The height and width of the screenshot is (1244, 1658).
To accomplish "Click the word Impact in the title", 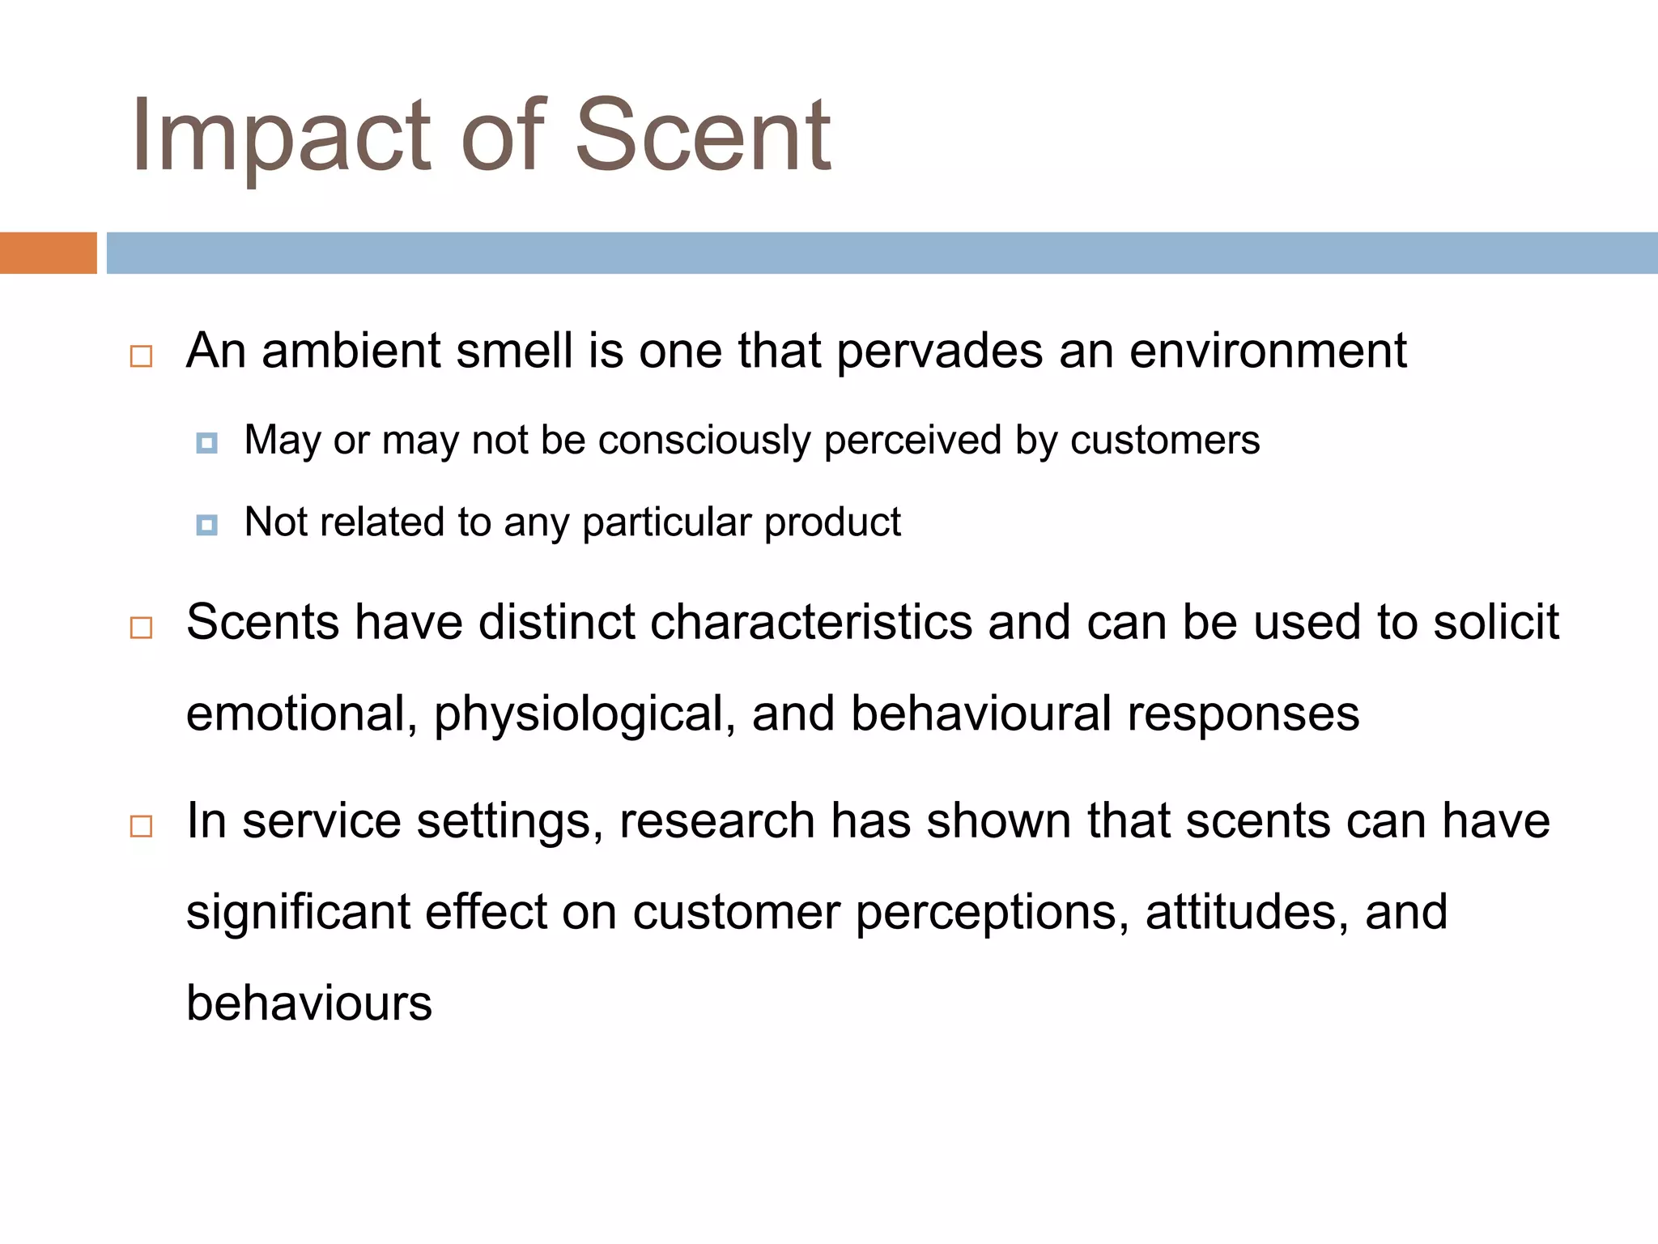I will tap(280, 136).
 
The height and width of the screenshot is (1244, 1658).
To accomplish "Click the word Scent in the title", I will tap(702, 136).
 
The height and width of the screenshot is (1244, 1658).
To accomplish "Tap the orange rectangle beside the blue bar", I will tap(48, 253).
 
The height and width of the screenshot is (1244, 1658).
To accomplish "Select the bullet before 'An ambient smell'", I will tap(141, 356).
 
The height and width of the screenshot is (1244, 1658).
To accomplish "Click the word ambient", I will tap(351, 351).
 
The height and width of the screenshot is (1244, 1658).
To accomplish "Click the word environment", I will tap(1268, 351).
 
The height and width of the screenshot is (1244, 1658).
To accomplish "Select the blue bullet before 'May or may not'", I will tap(207, 443).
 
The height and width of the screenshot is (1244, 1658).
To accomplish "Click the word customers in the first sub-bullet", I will tap(1165, 441).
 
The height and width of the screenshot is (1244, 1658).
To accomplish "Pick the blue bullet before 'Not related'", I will tap(207, 525).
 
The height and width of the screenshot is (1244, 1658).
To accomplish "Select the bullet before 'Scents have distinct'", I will tap(141, 628).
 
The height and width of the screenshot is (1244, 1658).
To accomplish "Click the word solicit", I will tap(1496, 623).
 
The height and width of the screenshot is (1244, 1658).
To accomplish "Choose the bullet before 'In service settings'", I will tap(141, 826).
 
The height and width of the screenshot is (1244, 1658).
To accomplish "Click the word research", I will tap(717, 821).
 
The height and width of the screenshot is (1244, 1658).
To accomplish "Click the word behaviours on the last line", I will tap(309, 1003).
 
